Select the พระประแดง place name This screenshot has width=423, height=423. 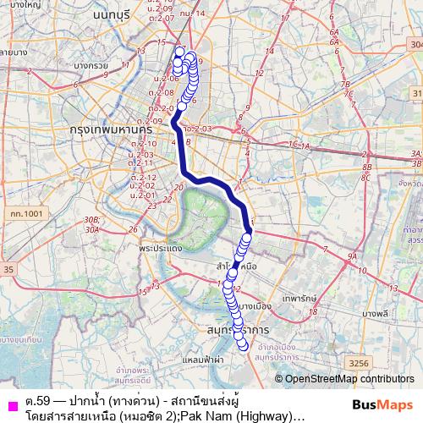(165, 250)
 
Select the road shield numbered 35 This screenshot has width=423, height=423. (8, 269)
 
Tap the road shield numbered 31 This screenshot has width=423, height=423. (415, 91)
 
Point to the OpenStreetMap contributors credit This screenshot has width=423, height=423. (349, 378)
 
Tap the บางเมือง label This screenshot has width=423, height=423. (255, 306)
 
